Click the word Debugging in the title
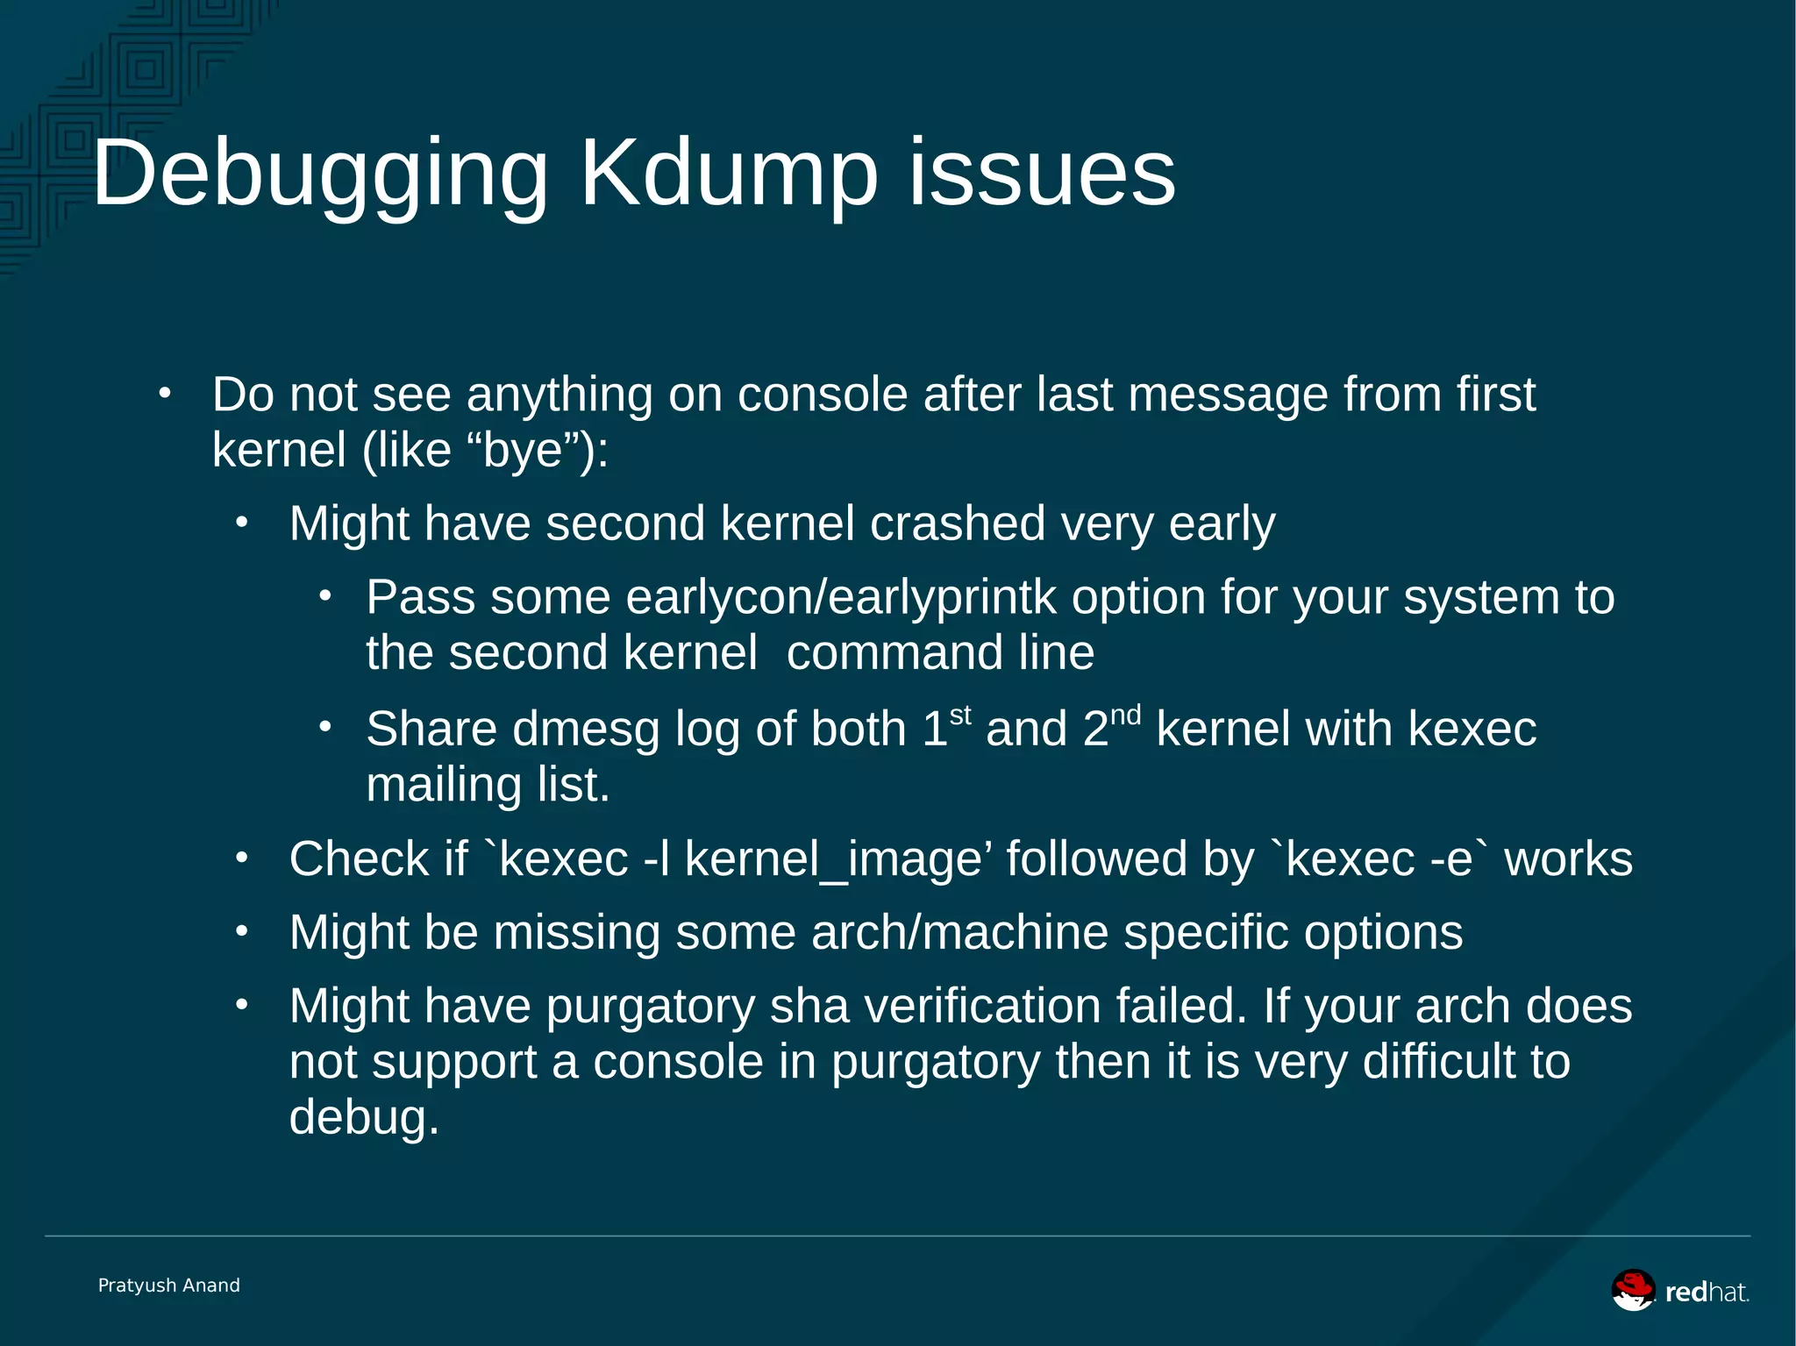pyautogui.click(x=320, y=175)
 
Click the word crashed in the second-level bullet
pyautogui.click(x=958, y=523)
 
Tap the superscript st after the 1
pyautogui.click(x=960, y=716)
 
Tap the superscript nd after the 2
pyautogui.click(x=1125, y=716)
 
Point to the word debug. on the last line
pyautogui.click(x=364, y=1118)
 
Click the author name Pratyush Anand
pyautogui.click(x=169, y=1285)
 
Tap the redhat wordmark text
pyautogui.click(x=1707, y=1293)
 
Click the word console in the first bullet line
pyautogui.click(x=823, y=395)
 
